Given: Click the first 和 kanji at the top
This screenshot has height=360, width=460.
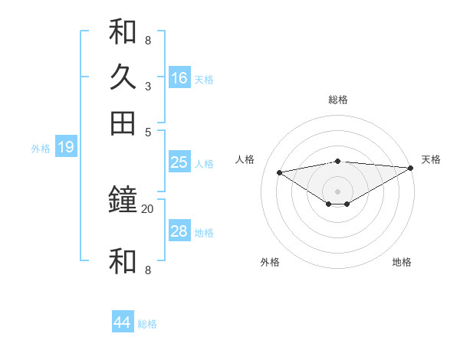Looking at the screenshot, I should pos(123,31).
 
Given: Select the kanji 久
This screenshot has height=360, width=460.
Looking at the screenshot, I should pos(123,77).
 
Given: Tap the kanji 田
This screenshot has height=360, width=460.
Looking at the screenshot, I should pos(123,123).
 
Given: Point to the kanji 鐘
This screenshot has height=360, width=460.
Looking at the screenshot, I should pos(123,201).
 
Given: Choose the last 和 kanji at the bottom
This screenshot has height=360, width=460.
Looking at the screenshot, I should pos(123,261).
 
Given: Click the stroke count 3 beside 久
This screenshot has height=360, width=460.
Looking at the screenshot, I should pos(147,86).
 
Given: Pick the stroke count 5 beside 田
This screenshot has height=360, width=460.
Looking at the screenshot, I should pos(147,131).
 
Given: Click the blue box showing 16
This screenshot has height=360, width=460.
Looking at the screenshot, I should pos(179,78).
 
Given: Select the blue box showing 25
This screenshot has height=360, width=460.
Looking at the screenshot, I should pos(179,162).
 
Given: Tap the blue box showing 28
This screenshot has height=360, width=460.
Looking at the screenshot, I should pos(179,231).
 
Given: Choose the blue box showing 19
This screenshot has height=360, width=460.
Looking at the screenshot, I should pos(65,147).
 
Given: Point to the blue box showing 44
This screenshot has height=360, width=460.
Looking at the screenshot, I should pos(123,322).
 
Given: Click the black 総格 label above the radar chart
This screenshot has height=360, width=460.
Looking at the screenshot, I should pos(338,100).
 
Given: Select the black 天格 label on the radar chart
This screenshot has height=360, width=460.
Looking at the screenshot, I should pos(432,159).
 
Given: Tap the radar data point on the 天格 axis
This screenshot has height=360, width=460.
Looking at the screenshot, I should pos(411,168).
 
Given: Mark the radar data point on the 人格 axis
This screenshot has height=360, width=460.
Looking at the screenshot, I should pos(279,172).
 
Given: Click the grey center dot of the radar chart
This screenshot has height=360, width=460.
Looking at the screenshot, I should pos(338,191).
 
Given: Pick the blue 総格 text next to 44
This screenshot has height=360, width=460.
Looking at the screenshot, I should pos(147,324).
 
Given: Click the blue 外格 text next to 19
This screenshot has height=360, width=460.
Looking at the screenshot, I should pos(41,149).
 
